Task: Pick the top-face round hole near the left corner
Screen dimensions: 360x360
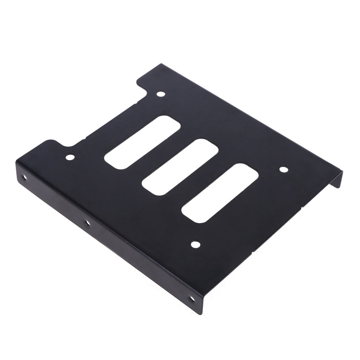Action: point(70,157)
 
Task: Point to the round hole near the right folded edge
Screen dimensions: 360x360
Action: point(283,170)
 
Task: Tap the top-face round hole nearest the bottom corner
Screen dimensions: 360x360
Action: point(195,244)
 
